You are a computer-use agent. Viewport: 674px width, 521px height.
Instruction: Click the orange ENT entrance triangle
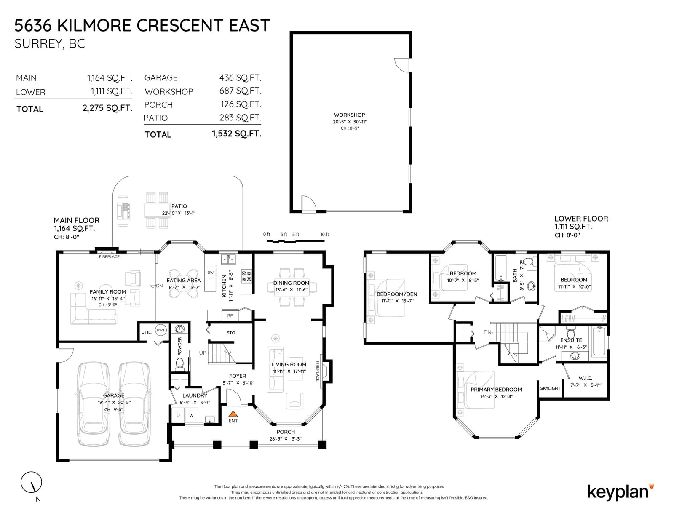(233, 414)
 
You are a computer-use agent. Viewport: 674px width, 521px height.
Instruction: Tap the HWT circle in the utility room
(160, 330)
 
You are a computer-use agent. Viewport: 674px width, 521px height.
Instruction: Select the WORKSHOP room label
(349, 115)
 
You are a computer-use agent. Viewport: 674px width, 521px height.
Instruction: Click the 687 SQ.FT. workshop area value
(241, 91)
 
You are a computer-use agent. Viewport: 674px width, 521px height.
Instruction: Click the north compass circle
(31, 482)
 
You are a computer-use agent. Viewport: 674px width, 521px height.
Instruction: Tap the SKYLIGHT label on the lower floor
(550, 388)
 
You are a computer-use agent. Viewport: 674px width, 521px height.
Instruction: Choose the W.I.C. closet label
(585, 378)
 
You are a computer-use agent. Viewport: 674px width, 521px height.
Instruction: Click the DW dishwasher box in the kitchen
(210, 273)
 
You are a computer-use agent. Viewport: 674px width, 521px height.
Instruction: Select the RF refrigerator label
(230, 316)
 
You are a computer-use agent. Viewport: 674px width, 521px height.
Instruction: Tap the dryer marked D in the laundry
(178, 415)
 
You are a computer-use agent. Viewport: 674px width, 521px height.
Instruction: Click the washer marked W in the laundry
(191, 415)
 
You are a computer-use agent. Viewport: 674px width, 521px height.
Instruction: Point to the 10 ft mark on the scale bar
(324, 235)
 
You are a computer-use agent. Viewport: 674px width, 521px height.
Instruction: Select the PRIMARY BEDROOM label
(496, 390)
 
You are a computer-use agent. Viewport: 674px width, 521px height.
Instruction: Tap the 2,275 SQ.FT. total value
(107, 108)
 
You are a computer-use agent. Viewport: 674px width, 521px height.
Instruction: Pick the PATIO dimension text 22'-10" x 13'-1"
(179, 213)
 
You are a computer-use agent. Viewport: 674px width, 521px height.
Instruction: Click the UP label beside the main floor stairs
(203, 353)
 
